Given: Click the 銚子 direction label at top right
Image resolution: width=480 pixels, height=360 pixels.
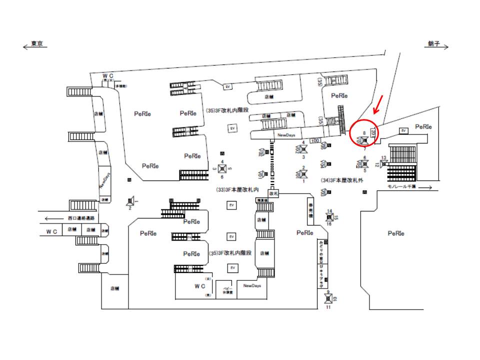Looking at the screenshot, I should [x=433, y=44].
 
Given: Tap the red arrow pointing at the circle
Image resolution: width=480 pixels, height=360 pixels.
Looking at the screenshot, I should [x=379, y=103].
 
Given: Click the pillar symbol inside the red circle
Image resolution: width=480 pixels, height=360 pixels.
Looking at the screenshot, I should [x=364, y=140].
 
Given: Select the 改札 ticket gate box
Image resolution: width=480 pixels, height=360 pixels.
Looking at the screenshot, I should [x=273, y=192].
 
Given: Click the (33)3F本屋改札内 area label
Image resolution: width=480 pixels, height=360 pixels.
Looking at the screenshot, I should [x=236, y=190].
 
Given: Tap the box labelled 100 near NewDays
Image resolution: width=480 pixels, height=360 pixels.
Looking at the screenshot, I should [x=314, y=140].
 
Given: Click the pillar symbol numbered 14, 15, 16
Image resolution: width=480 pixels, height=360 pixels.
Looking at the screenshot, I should [x=329, y=216].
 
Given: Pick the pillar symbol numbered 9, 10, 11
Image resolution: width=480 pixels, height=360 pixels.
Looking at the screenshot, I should [x=328, y=299].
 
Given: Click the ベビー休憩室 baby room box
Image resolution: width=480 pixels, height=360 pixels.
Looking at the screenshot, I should [x=226, y=290].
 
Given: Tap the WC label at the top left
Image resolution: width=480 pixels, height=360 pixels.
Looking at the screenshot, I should [x=109, y=75].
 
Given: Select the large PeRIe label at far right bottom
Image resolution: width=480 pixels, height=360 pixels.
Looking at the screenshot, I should [x=395, y=233].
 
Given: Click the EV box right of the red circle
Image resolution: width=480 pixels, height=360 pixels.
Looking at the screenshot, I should [x=403, y=130].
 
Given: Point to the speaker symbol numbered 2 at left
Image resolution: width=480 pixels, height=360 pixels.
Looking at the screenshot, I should [x=130, y=201].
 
